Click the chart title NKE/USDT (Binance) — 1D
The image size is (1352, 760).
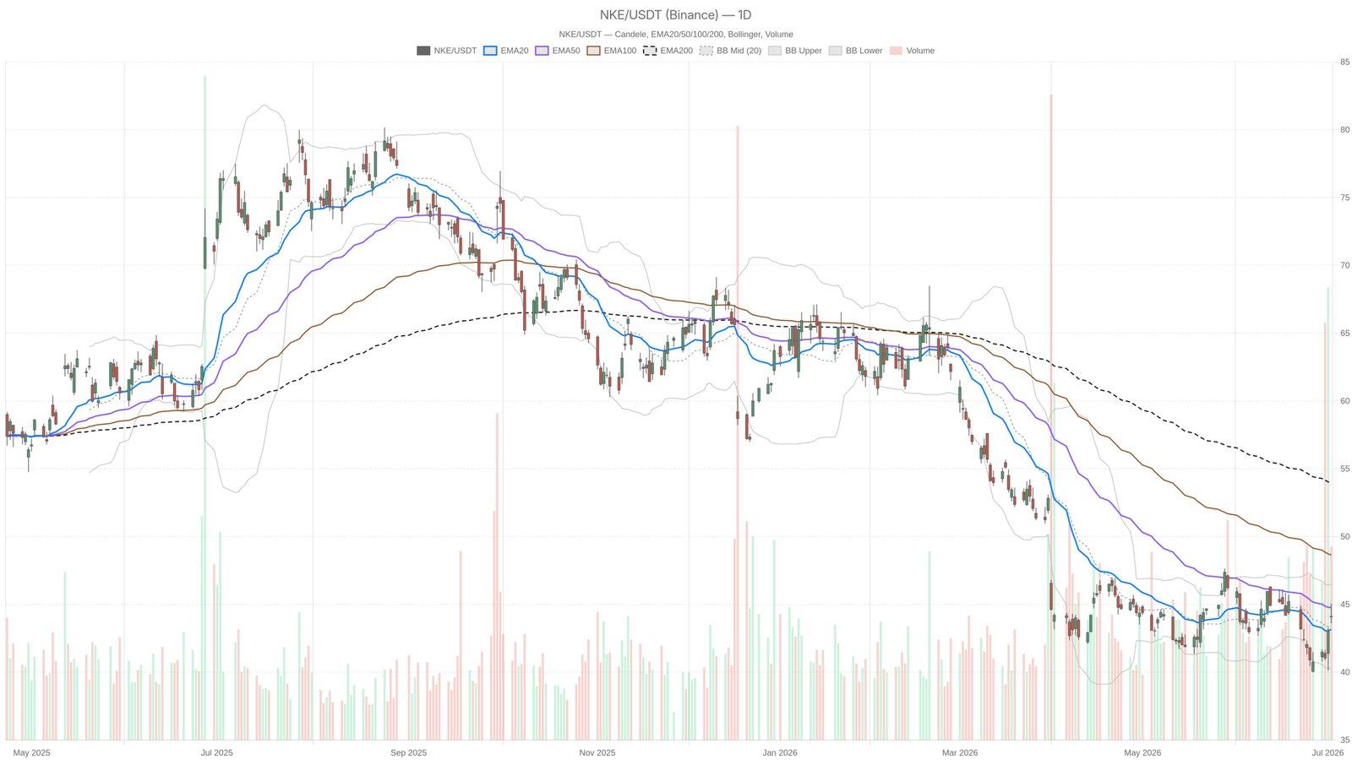click(x=675, y=15)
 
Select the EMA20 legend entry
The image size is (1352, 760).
click(x=506, y=51)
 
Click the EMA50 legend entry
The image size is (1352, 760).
click(x=558, y=51)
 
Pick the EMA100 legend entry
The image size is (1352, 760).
click(x=612, y=51)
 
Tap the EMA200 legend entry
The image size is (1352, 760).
click(x=668, y=51)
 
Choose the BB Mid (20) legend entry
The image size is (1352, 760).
click(x=730, y=51)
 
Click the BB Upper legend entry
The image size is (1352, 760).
click(x=795, y=51)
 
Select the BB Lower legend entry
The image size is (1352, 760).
click(x=855, y=51)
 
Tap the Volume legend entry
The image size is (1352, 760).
click(x=912, y=51)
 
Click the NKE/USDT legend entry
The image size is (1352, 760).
click(x=447, y=51)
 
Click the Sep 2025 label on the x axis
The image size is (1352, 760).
click(x=409, y=752)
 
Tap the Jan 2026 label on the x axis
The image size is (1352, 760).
click(x=780, y=752)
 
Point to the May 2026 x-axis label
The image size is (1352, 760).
click(x=1142, y=752)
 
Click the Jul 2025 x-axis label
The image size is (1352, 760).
click(x=216, y=752)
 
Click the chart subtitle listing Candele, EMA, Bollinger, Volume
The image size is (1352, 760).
click(x=675, y=35)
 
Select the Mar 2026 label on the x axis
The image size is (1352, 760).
click(x=960, y=752)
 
